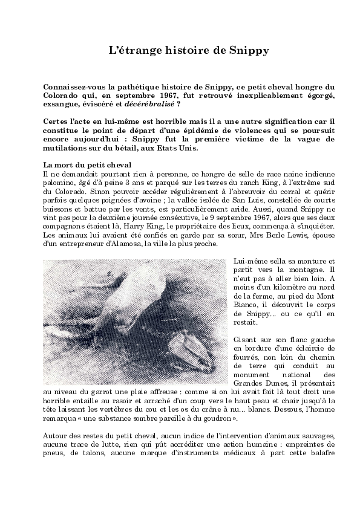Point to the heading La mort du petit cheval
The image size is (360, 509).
click(x=88, y=165)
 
